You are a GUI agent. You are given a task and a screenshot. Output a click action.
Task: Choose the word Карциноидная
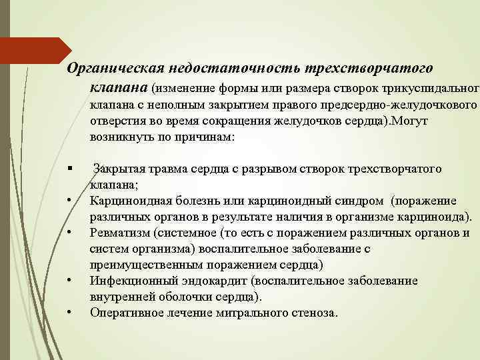click(126, 201)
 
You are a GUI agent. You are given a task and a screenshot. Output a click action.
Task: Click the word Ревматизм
click(117, 233)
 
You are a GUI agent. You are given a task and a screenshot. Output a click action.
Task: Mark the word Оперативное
click(125, 313)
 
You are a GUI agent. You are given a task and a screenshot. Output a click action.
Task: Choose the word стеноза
click(315, 313)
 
